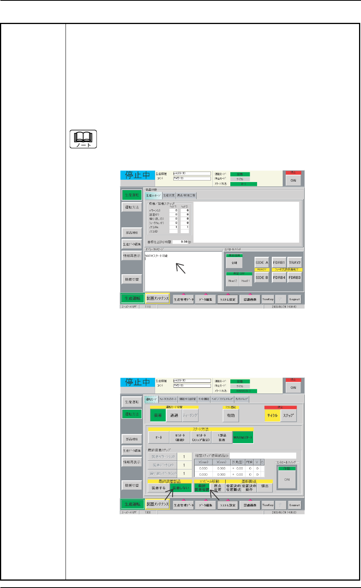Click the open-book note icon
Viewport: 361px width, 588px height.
[x=83, y=139]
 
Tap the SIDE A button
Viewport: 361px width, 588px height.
[x=262, y=262]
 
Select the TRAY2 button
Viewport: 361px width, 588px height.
[x=294, y=262]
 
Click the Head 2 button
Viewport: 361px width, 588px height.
[x=233, y=281]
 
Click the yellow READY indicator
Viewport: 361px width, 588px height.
[x=262, y=270]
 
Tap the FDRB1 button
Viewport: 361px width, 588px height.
[x=279, y=262]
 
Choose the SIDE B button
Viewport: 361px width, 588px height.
[x=262, y=277]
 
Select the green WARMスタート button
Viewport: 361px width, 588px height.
[x=243, y=437]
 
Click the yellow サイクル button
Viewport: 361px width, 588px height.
[x=272, y=415]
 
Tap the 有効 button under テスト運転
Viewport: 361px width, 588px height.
[x=231, y=415]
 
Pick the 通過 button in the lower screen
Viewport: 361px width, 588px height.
[x=174, y=415]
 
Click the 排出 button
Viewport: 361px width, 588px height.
[x=265, y=486]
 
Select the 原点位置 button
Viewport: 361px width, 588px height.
[x=218, y=487]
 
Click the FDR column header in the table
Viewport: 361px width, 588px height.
[x=249, y=462]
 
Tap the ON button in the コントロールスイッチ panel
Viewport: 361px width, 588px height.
[x=287, y=480]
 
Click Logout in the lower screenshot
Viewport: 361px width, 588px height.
[x=295, y=505]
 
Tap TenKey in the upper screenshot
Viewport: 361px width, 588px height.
[x=268, y=299]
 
